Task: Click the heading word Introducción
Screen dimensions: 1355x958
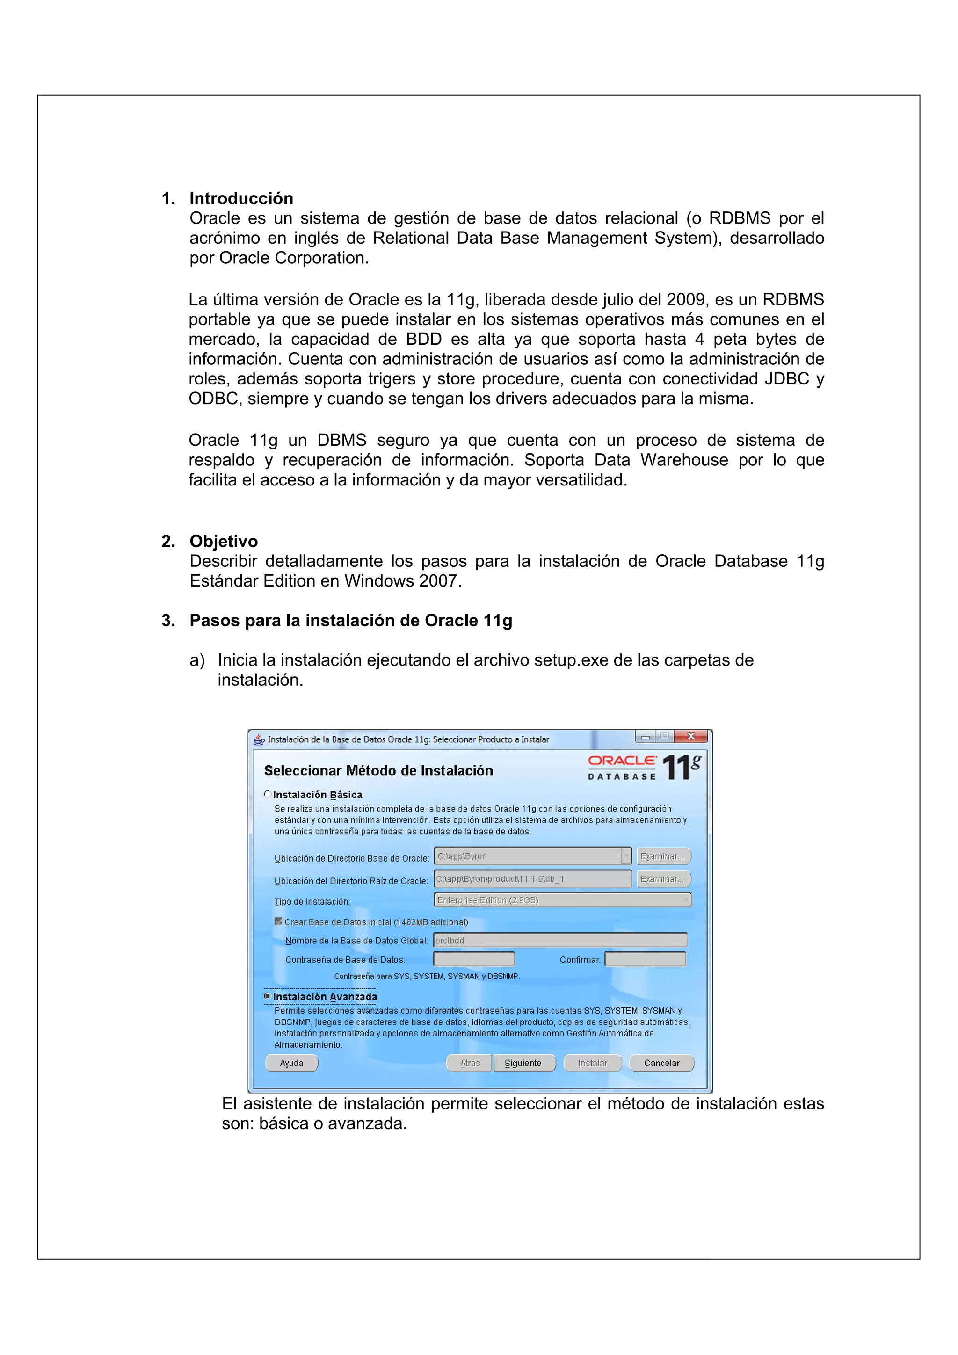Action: (x=241, y=198)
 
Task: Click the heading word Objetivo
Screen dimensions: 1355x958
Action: (x=223, y=541)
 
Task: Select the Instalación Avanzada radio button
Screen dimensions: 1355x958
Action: (x=268, y=996)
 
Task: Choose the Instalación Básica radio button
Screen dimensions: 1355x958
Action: (x=268, y=794)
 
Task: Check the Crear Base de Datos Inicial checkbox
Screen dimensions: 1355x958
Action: (x=278, y=921)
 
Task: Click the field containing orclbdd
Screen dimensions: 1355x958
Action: (x=559, y=940)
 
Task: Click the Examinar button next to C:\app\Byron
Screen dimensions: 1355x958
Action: (x=663, y=856)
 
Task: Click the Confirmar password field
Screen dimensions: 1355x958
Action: (x=645, y=959)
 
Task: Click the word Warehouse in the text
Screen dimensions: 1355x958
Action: (x=684, y=460)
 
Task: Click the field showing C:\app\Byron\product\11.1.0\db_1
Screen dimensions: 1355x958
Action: (x=532, y=879)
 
